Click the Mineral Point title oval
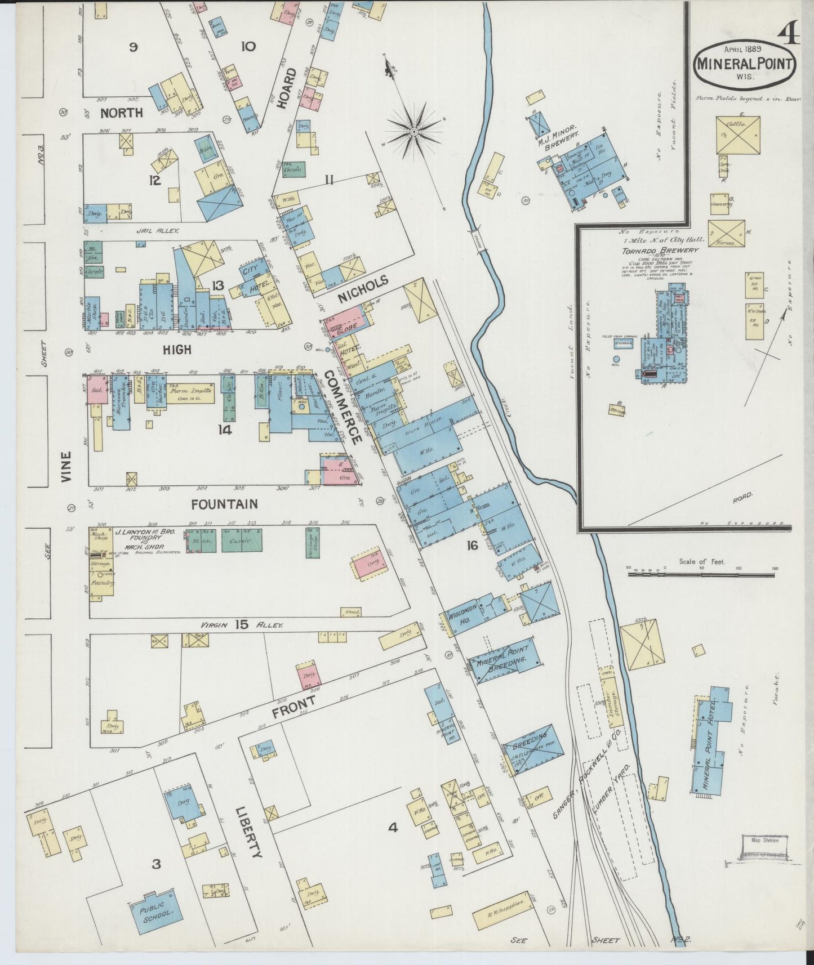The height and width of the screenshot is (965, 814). [x=745, y=65]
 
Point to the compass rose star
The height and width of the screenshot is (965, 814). [x=414, y=132]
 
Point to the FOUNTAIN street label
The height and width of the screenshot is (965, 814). [x=224, y=504]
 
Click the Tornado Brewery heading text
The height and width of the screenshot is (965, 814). [x=660, y=251]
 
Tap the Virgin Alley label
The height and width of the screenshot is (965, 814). [x=242, y=624]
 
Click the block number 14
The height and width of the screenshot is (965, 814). [x=225, y=430]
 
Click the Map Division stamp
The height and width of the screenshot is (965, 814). [x=764, y=841]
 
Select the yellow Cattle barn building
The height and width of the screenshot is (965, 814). [x=739, y=135]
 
